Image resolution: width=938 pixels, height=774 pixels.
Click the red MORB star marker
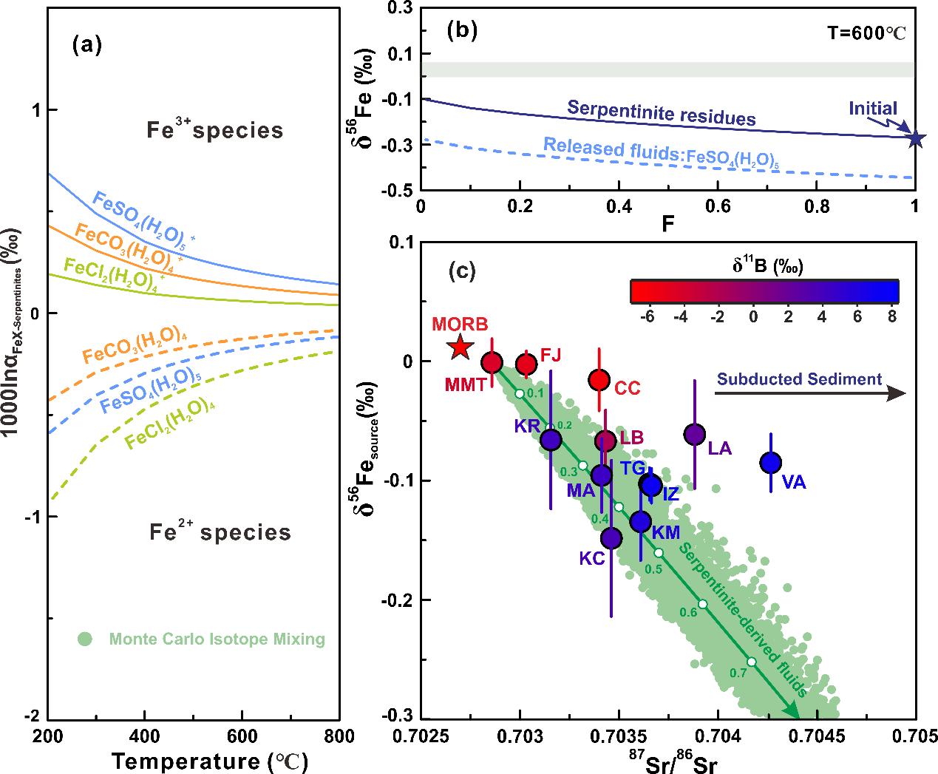click(460, 347)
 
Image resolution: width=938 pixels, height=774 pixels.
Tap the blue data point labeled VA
click(771, 463)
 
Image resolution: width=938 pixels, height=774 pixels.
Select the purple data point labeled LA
click(694, 435)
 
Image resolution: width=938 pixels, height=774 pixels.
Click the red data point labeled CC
click(599, 380)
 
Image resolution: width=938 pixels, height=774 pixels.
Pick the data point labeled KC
click(611, 538)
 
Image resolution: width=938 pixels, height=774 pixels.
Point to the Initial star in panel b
click(915, 138)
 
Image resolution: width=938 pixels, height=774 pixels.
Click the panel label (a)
click(86, 46)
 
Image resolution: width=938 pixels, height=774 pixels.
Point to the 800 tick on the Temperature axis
click(339, 738)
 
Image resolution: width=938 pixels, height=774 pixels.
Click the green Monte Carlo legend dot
click(86, 639)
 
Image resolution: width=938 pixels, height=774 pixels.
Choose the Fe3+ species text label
click(214, 131)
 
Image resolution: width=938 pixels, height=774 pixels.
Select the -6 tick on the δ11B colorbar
click(648, 316)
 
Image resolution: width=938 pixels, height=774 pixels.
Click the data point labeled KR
click(551, 440)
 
